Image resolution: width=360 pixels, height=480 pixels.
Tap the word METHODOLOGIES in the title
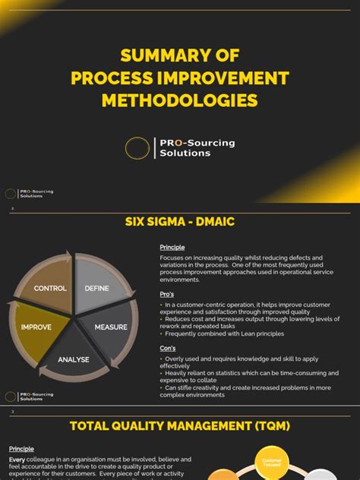pyautogui.click(x=179, y=100)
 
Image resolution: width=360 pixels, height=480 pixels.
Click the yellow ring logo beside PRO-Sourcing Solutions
pyautogui.click(x=137, y=147)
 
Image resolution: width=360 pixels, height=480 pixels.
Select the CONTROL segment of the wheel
pyautogui.click(x=51, y=289)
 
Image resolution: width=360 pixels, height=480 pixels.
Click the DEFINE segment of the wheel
pyautogui.click(x=96, y=289)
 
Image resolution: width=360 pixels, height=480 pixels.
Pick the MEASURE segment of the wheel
pyautogui.click(x=110, y=327)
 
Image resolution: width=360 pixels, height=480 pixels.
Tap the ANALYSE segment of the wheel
pyautogui.click(x=74, y=358)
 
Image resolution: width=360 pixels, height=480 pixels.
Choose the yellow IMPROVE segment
pyautogui.click(x=36, y=327)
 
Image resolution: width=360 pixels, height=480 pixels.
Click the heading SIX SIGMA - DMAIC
pyautogui.click(x=179, y=222)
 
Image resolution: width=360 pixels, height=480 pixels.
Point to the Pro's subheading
pyautogui.click(x=167, y=293)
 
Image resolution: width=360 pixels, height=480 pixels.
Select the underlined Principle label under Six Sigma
pyautogui.click(x=172, y=247)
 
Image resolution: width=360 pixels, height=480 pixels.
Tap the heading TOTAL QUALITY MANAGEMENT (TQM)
pyautogui.click(x=179, y=426)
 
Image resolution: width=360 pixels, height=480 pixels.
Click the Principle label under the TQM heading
pyautogui.click(x=21, y=449)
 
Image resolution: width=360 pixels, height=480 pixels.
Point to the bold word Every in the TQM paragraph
pyautogui.click(x=17, y=459)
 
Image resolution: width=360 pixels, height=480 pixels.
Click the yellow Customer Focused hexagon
pyautogui.click(x=271, y=463)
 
